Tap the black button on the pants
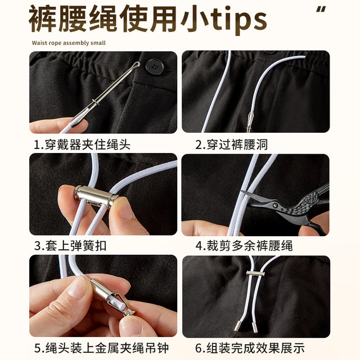tap(153, 66)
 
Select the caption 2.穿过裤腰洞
tap(231, 145)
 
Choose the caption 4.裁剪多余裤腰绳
tap(244, 246)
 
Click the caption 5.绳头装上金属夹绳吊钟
tap(101, 348)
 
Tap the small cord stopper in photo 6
tap(254, 274)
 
